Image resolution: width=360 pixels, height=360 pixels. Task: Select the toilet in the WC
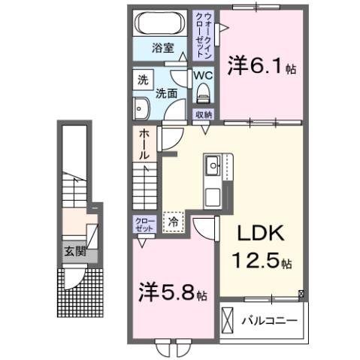[203, 92]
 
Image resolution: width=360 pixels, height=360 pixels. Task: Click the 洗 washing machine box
[141, 78]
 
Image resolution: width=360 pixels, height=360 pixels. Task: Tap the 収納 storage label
[203, 115]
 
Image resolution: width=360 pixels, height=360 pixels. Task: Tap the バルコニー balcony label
[269, 321]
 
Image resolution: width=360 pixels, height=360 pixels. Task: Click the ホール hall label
[143, 144]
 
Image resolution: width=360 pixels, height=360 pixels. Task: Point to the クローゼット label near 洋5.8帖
[143, 224]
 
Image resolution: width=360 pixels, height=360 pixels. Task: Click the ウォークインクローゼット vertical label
[204, 36]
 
